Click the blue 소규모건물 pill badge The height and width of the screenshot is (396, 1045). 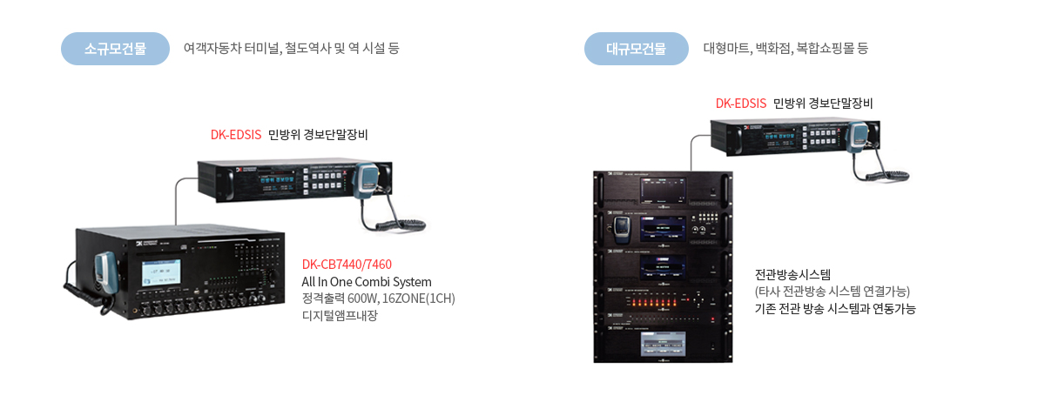click(x=115, y=49)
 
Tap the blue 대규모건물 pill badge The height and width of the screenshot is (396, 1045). click(x=636, y=49)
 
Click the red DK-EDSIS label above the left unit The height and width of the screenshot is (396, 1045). click(x=236, y=135)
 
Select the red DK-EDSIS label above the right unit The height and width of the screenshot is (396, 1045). click(x=741, y=103)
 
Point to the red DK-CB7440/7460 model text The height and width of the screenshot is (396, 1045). click(x=347, y=265)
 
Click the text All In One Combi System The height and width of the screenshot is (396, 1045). click(x=367, y=282)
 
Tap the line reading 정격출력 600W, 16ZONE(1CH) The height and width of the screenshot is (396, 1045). click(x=378, y=299)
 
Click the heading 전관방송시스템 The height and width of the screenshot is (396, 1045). click(x=793, y=274)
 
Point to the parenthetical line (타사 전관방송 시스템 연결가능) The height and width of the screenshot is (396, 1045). click(x=833, y=291)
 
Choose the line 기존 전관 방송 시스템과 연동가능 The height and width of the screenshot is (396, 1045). click(x=835, y=308)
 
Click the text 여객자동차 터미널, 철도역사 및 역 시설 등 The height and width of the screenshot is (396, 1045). click(x=291, y=49)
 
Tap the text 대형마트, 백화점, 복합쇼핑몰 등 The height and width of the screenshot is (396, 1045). click(x=785, y=49)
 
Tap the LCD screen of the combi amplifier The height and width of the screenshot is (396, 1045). click(x=159, y=280)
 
